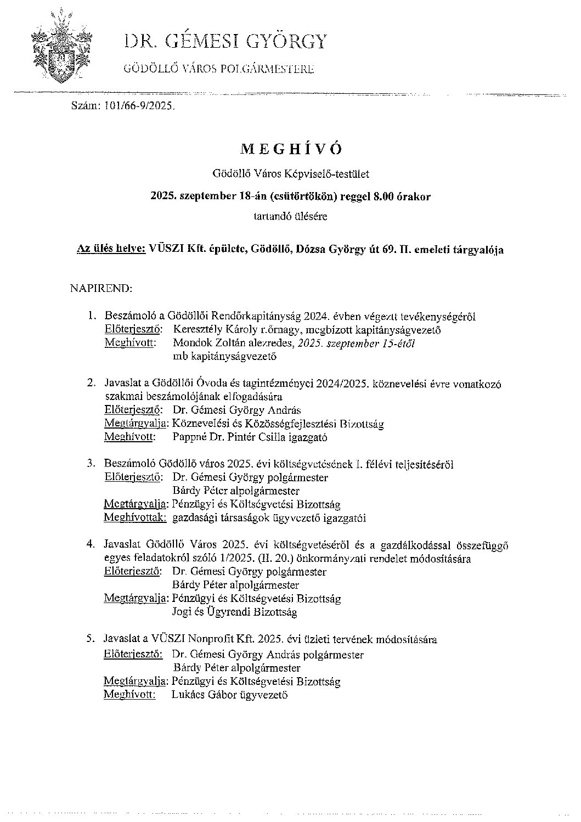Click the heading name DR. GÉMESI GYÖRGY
[x=226, y=42]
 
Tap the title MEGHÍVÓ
[x=291, y=149]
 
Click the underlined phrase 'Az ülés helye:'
[x=111, y=250]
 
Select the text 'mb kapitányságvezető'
[x=224, y=357]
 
